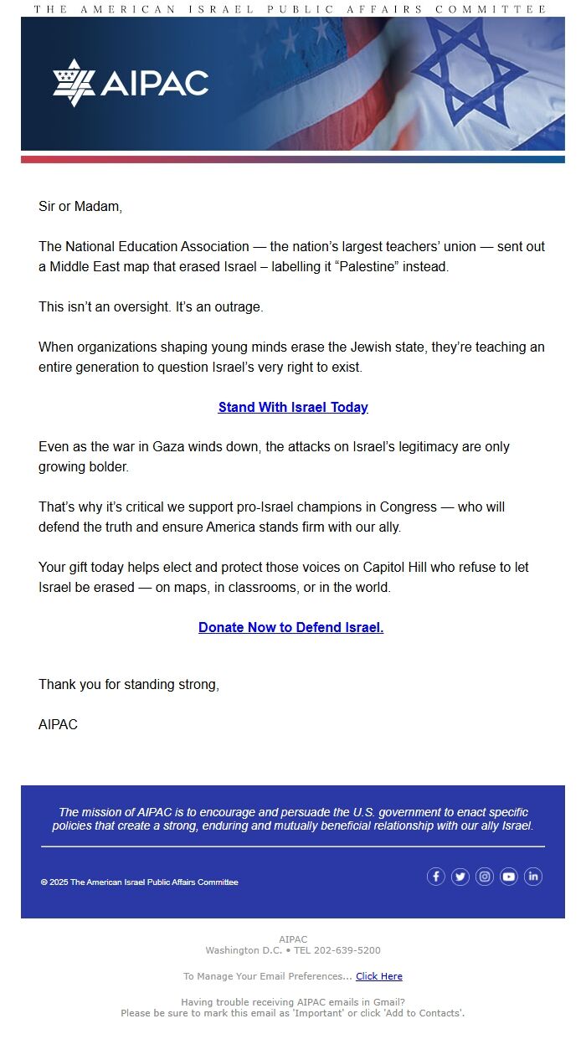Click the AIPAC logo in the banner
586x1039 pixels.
tap(131, 83)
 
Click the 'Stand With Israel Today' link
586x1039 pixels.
tap(293, 407)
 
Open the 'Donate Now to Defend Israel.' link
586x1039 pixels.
tap(290, 627)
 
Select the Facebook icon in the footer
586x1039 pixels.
tap(435, 877)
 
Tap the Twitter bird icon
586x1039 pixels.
tap(460, 877)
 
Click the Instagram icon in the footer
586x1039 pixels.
tap(485, 877)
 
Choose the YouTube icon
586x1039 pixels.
tap(509, 877)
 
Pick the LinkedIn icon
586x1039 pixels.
tap(533, 877)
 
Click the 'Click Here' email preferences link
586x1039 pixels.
tap(379, 976)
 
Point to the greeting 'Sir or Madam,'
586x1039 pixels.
tap(80, 206)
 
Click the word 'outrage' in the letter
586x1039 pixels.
tap(240, 306)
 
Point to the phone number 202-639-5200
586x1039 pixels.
tap(348, 950)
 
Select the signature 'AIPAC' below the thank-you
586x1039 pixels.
tap(58, 724)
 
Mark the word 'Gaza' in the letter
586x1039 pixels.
tap(168, 446)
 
